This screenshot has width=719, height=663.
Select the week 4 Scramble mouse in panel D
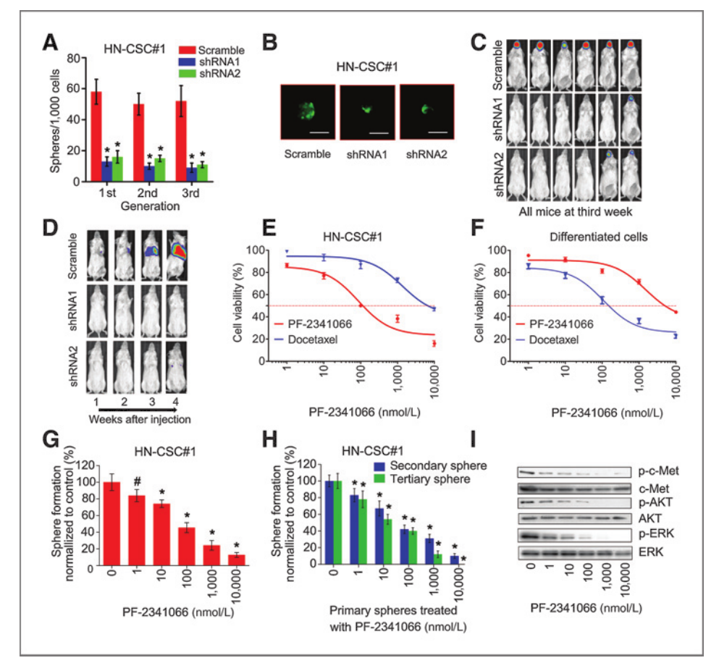point(177,260)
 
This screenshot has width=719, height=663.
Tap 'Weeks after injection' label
point(130,418)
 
